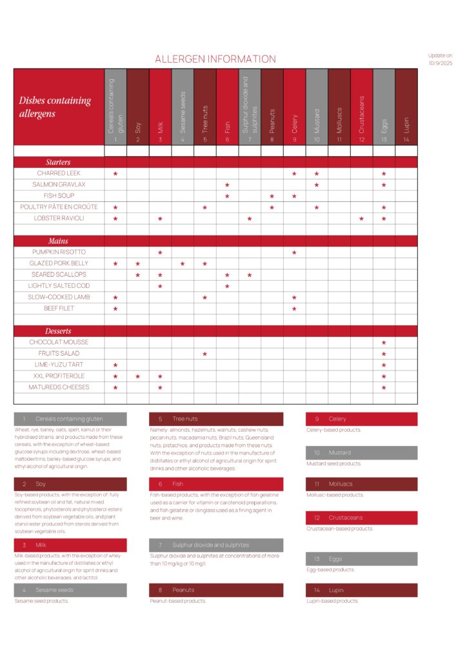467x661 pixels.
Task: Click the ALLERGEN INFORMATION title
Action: (x=215, y=59)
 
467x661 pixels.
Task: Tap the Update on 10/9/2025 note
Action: (x=441, y=59)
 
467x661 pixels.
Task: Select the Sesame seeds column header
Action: (x=183, y=107)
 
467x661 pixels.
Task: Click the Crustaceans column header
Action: (x=361, y=107)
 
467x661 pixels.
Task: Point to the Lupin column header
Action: (x=406, y=107)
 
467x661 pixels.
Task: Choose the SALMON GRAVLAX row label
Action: (x=58, y=185)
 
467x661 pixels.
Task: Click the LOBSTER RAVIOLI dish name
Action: (x=58, y=218)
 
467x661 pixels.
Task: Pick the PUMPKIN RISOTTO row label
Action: (x=58, y=252)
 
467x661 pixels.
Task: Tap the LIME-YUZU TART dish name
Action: (x=58, y=365)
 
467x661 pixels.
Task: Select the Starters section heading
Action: (x=58, y=162)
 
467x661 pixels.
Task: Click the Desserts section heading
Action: (x=58, y=331)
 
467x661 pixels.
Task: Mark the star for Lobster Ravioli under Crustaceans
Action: (x=361, y=219)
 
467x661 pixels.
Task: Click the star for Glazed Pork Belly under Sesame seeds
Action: (x=183, y=263)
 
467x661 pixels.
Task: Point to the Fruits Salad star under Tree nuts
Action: (x=205, y=354)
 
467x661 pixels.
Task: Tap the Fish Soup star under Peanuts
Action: (x=272, y=196)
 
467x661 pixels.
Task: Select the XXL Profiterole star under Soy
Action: (x=138, y=376)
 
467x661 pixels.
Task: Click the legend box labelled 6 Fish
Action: (x=215, y=483)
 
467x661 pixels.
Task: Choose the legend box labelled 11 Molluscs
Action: (x=361, y=483)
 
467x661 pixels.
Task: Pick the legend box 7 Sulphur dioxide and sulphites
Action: (x=215, y=545)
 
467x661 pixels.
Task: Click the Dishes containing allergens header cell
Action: (x=58, y=107)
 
